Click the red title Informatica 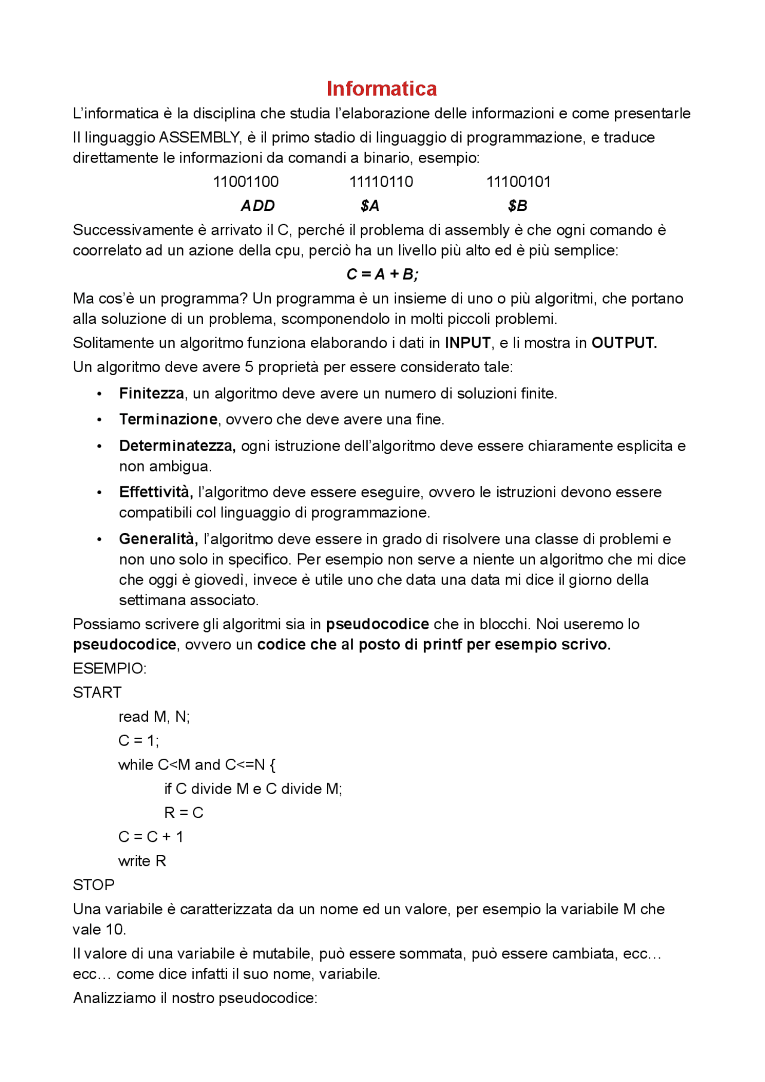point(381,88)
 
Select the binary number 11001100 point(246,182)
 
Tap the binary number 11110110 point(381,182)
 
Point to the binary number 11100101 point(518,182)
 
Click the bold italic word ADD point(258,206)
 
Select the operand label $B point(518,206)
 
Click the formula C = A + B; point(382,274)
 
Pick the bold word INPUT point(467,343)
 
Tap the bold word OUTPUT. point(624,343)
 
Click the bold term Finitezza point(151,393)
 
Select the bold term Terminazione point(168,419)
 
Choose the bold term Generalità point(158,539)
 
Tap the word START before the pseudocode point(97,692)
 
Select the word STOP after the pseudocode point(93,885)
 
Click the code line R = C point(184,813)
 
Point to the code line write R point(142,861)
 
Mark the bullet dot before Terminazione point(99,420)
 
